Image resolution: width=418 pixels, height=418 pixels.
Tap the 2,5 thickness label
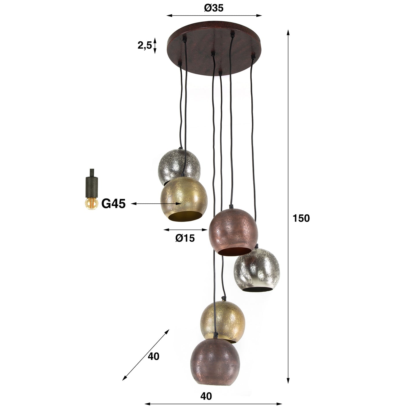click(x=145, y=45)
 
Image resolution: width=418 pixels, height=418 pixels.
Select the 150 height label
click(x=301, y=218)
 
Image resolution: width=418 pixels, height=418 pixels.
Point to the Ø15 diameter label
click(x=185, y=238)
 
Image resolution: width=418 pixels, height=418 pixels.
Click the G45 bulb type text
click(x=113, y=204)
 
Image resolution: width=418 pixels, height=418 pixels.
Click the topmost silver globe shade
click(x=174, y=163)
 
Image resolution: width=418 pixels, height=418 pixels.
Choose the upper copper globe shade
click(x=233, y=230)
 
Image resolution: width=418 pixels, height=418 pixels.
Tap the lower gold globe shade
click(x=223, y=318)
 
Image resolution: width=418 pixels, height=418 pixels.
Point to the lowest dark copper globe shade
click(x=215, y=362)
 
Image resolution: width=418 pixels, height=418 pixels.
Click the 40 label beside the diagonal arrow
click(x=153, y=356)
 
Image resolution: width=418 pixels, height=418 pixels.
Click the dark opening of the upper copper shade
click(x=234, y=252)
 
